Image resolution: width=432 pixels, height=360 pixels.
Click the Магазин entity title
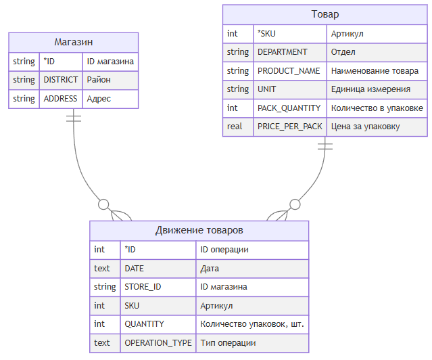click(74, 42)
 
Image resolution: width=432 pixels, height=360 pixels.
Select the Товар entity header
click(325, 14)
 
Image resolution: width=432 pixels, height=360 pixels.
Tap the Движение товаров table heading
click(199, 230)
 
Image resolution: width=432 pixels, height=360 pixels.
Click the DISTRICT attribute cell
click(61, 80)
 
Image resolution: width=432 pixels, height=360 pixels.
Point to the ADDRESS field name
click(60, 99)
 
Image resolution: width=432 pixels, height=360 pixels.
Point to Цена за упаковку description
click(365, 127)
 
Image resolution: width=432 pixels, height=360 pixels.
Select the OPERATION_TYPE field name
click(158, 342)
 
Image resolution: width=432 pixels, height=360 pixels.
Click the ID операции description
click(224, 250)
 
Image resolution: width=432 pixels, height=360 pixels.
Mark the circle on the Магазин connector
click(103, 204)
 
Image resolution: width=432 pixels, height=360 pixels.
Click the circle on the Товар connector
click(295, 204)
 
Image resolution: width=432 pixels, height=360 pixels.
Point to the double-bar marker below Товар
click(325, 146)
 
